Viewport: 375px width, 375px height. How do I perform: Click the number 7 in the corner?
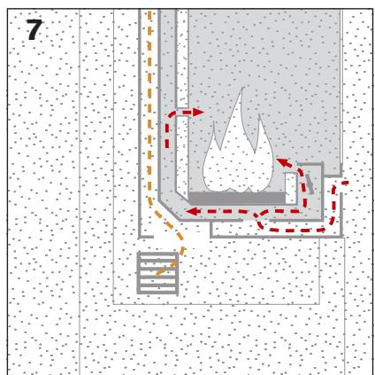tap(34, 30)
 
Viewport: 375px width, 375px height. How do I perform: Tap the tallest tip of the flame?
tap(241, 89)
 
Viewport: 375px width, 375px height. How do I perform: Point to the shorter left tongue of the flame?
tap(214, 124)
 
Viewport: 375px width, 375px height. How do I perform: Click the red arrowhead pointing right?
tap(198, 113)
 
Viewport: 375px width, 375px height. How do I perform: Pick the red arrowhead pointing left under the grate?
tap(191, 211)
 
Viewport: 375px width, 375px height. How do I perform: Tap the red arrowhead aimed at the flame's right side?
tap(283, 162)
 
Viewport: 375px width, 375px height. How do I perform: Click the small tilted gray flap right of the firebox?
tap(308, 184)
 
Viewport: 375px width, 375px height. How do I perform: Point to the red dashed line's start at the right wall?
tap(344, 184)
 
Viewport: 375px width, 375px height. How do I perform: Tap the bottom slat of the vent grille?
tap(157, 291)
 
